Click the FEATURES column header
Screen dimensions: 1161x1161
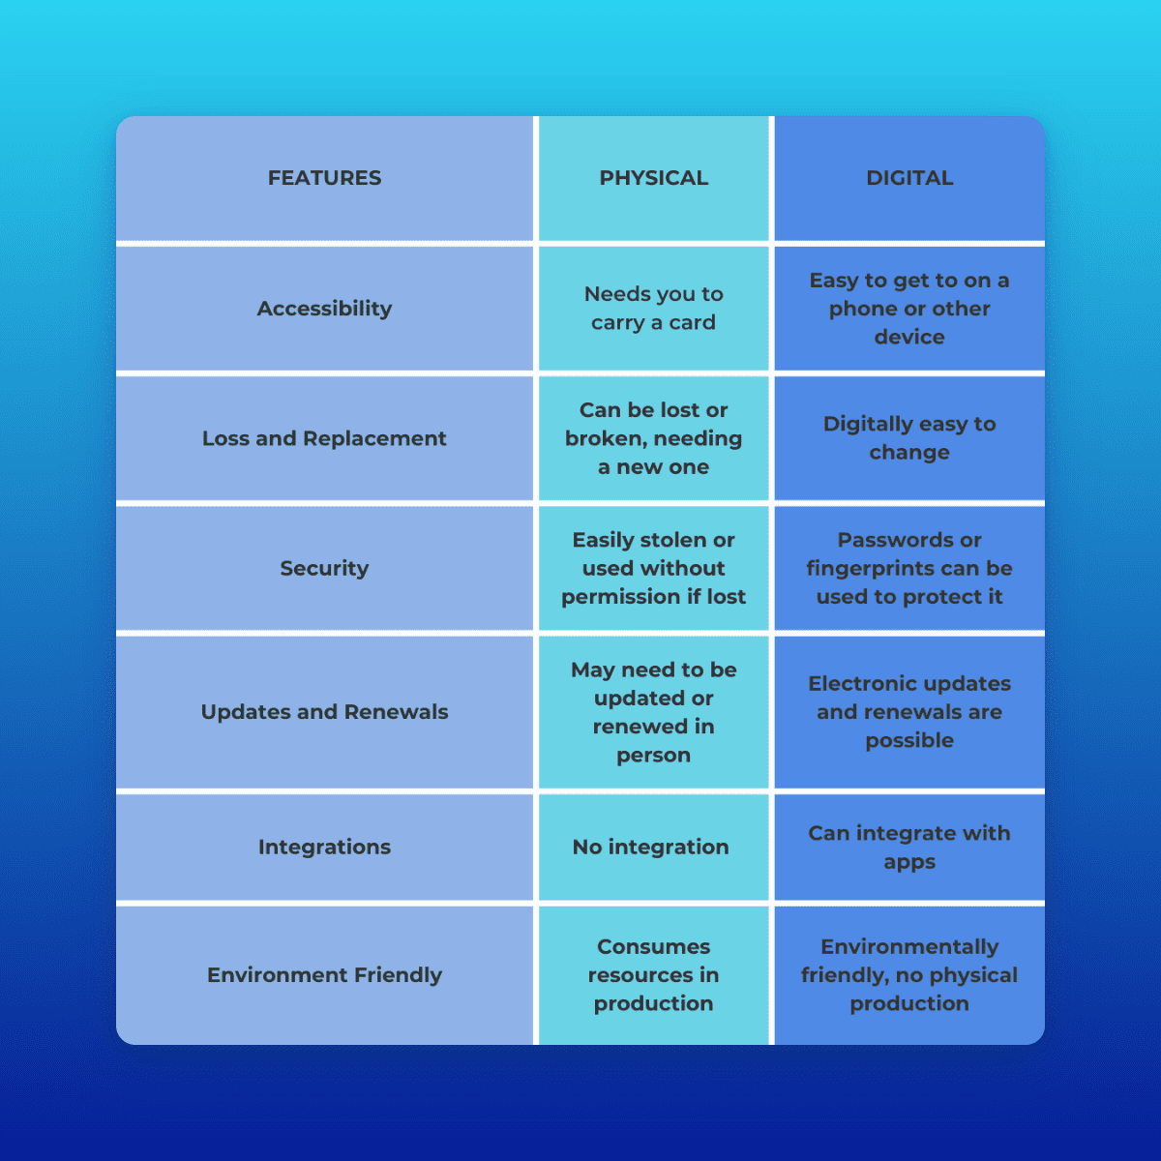[324, 178]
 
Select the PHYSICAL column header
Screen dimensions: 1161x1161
[653, 178]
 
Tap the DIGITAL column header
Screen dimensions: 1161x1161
[909, 178]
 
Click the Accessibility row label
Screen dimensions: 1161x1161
[324, 309]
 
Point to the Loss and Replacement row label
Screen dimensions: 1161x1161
[324, 438]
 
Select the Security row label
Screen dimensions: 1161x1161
[324, 568]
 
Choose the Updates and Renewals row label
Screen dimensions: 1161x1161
[324, 712]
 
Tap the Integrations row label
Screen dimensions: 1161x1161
[324, 848]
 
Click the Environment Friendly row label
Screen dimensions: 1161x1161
[324, 975]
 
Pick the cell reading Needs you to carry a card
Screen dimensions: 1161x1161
[653, 309]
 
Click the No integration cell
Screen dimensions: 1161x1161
[650, 848]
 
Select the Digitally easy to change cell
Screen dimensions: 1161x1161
[909, 438]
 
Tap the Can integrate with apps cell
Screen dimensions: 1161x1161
[909, 848]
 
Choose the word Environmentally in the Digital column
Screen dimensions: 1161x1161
[909, 947]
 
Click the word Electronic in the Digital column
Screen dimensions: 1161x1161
[855, 684]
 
